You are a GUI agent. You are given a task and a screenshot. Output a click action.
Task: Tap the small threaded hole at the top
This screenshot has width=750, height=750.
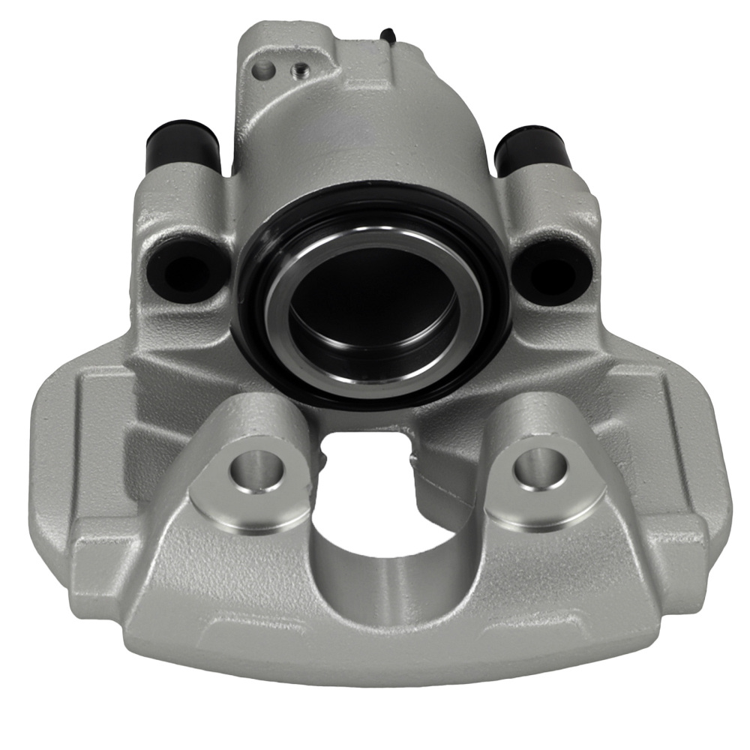(298, 70)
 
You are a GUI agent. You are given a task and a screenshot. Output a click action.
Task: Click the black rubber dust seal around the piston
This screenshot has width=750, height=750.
(259, 315)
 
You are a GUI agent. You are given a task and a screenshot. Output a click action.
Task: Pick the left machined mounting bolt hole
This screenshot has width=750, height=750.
(256, 469)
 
